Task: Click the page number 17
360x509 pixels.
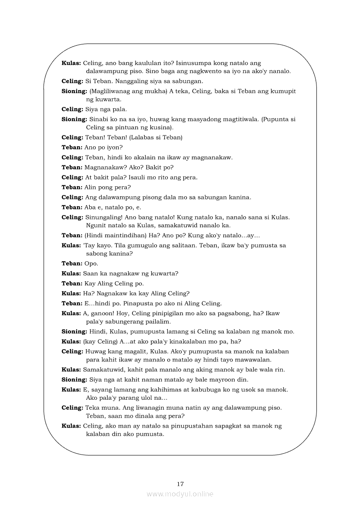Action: pyautogui.click(x=180, y=484)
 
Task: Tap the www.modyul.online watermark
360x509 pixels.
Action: pyautogui.click(x=180, y=494)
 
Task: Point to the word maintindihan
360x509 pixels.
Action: pyautogui.click(x=123, y=235)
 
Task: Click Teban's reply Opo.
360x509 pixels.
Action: pyautogui.click(x=91, y=263)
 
